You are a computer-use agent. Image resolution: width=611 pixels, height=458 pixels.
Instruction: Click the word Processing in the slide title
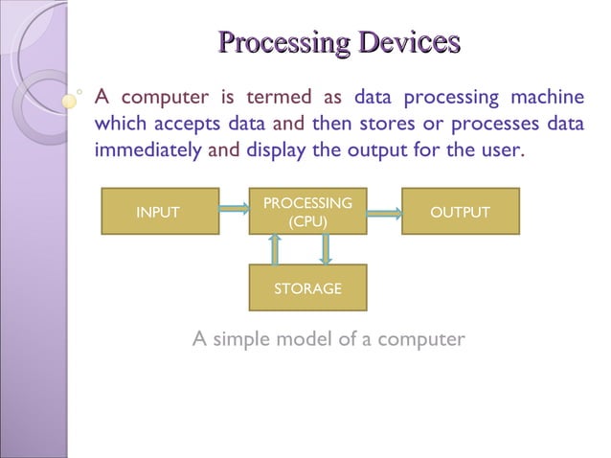(x=283, y=43)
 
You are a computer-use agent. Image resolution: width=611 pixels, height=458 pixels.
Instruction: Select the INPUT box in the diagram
(x=158, y=212)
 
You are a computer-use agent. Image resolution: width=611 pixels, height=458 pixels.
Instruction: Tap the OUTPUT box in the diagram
(x=460, y=212)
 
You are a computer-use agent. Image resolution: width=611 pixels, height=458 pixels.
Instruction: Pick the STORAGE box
(x=307, y=287)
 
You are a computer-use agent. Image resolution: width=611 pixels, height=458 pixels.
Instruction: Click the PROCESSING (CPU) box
(x=307, y=212)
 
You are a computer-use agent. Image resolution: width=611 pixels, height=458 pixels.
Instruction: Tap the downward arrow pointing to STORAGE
(x=326, y=249)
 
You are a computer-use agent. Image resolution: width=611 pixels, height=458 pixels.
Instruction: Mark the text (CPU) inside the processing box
(x=307, y=221)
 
